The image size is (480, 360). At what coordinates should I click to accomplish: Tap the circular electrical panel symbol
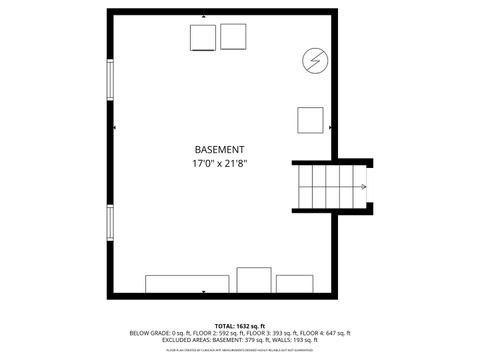pyautogui.click(x=314, y=61)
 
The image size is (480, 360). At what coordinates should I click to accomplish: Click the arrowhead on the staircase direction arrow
pyautogui.click(x=363, y=186)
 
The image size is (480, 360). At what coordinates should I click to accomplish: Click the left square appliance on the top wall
pyautogui.click(x=203, y=37)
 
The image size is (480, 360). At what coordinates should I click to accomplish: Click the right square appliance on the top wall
pyautogui.click(x=234, y=36)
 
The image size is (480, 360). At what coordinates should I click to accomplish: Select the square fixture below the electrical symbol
pyautogui.click(x=310, y=121)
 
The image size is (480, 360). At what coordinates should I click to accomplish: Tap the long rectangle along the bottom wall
pyautogui.click(x=187, y=283)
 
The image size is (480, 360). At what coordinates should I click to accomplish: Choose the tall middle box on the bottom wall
pyautogui.click(x=254, y=279)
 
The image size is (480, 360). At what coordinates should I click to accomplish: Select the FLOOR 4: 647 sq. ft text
pyautogui.click(x=325, y=333)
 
